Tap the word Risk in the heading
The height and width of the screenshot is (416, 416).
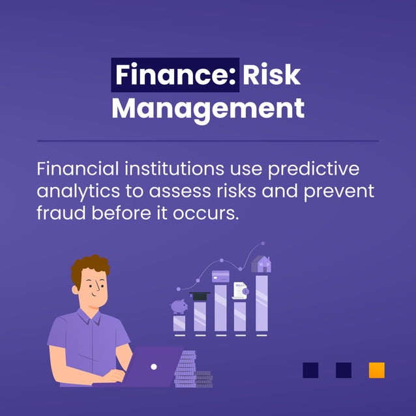[272, 76]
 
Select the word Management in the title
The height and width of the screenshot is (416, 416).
[208, 108]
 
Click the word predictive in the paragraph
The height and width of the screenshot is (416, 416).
[323, 169]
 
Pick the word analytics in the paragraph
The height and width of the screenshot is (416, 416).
[76, 192]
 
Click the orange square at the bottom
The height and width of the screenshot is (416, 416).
[376, 370]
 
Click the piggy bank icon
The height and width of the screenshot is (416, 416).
[179, 306]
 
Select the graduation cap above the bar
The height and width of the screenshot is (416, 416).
[200, 296]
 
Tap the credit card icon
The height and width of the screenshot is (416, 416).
[220, 276]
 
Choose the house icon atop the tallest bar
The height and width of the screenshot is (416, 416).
[261, 264]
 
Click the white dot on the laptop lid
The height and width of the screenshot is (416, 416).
[154, 366]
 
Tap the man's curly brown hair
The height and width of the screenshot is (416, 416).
[90, 268]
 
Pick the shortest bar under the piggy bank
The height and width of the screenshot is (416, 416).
[179, 322]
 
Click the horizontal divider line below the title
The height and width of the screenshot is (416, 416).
[208, 140]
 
